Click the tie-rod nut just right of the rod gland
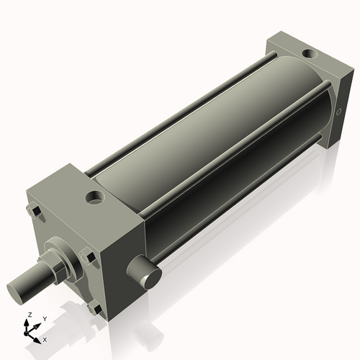[x=88, y=256]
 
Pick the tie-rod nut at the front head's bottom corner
[x=95, y=308]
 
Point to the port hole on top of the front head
[x=94, y=197]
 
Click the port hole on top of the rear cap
[x=309, y=53]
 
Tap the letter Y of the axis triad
[x=44, y=319]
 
